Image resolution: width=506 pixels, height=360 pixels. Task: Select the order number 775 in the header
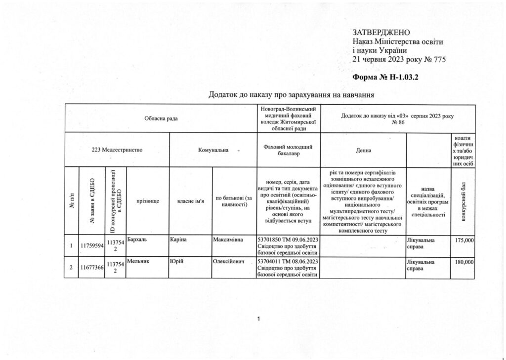[x=439, y=59]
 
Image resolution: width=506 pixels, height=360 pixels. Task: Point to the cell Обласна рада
[x=161, y=119]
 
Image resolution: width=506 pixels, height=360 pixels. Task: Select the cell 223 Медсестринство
[x=117, y=149]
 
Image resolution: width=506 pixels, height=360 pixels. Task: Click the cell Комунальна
[x=213, y=149]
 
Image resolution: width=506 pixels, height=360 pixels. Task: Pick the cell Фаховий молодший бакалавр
[x=289, y=150]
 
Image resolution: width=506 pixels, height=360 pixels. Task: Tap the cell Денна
[x=363, y=150]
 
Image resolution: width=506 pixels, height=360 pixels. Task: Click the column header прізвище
[x=148, y=201]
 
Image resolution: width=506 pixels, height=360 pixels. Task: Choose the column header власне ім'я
[x=191, y=201]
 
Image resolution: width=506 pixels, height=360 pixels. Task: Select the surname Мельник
[x=138, y=260]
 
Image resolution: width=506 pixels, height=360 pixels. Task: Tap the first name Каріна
[x=178, y=240]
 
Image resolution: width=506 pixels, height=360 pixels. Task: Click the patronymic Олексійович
[x=230, y=261]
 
